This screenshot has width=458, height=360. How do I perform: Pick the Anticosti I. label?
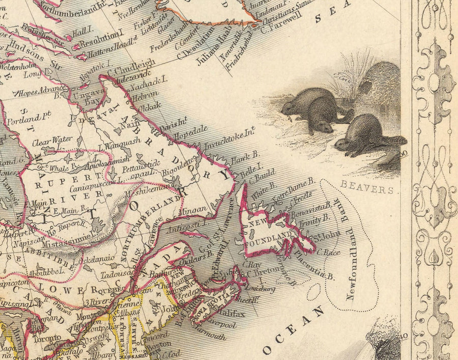point(189,222)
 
